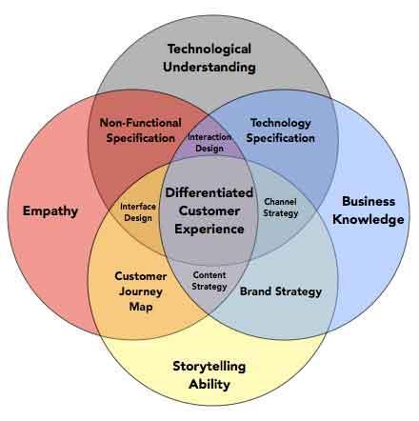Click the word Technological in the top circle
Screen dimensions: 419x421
point(209,50)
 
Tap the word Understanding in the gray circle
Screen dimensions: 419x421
point(209,68)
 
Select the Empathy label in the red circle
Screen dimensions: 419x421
point(50,211)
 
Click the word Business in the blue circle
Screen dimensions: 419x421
point(369,201)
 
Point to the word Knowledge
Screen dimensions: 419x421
point(369,220)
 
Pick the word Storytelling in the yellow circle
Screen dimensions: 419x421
point(209,367)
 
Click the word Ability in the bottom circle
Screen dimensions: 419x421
point(209,384)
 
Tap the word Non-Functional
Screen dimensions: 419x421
point(141,123)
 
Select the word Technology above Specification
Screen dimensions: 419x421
point(281,123)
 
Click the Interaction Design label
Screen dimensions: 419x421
point(209,143)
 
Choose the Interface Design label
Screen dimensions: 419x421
point(138,212)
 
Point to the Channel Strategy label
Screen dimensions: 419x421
point(281,208)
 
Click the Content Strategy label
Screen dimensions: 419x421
point(209,281)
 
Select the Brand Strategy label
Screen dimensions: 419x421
point(281,291)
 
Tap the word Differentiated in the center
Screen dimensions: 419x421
point(209,192)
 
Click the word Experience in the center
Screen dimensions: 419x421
point(209,230)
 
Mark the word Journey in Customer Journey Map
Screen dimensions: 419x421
point(141,291)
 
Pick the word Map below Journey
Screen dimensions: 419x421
point(141,307)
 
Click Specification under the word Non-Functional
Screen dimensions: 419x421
point(141,138)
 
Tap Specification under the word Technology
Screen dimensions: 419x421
point(281,138)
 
